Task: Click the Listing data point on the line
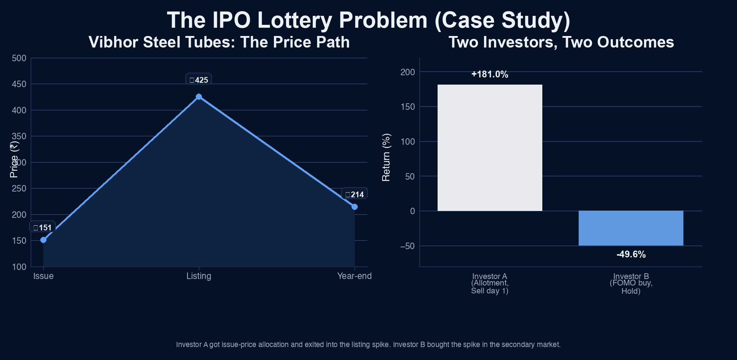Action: [199, 97]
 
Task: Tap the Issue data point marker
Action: [44, 240]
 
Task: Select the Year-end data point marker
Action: [354, 207]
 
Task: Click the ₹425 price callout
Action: [199, 80]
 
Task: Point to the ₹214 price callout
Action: [354, 194]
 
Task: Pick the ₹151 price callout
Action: [42, 228]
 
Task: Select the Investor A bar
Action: [489, 148]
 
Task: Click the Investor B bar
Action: [630, 228]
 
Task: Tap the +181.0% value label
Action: [489, 75]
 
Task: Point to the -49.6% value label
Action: [631, 255]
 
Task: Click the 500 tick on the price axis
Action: [19, 58]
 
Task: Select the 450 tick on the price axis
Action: [19, 84]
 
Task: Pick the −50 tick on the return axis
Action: [407, 246]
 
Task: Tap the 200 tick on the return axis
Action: [407, 72]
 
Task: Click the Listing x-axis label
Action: [199, 276]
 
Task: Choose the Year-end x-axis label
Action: [354, 276]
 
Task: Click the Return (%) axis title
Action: [386, 157]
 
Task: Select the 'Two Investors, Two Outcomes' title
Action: [561, 42]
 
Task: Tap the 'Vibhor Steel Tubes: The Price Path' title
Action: [219, 42]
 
